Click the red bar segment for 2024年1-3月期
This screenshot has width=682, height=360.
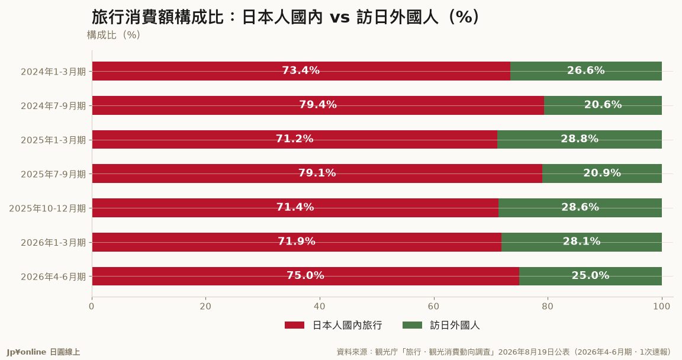tap(301, 71)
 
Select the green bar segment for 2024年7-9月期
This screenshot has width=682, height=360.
tap(603, 105)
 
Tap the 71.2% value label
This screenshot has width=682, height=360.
tap(294, 139)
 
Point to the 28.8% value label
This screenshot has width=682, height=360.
tap(580, 139)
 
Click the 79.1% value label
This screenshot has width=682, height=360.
tap(317, 173)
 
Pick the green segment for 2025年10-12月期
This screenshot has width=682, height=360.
tap(580, 208)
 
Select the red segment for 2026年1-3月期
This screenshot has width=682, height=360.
tap(297, 242)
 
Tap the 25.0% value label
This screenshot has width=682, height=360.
tap(590, 275)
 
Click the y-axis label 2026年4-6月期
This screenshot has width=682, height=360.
tap(53, 277)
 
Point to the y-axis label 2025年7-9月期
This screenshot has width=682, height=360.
tap(53, 174)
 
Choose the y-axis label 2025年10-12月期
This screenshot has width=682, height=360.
tap(47, 208)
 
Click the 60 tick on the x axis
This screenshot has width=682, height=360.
tap(433, 307)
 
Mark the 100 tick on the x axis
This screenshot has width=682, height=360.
tap(661, 307)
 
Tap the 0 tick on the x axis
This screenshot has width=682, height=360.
tap(92, 307)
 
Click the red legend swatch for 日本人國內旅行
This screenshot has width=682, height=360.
tap(294, 325)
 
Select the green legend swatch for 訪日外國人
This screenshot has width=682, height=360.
tap(412, 325)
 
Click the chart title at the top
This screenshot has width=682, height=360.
tap(286, 17)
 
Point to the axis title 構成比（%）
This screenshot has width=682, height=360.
tap(114, 35)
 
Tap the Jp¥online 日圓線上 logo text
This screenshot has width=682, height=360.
tap(43, 352)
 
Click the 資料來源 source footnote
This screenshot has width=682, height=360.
tap(504, 352)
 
